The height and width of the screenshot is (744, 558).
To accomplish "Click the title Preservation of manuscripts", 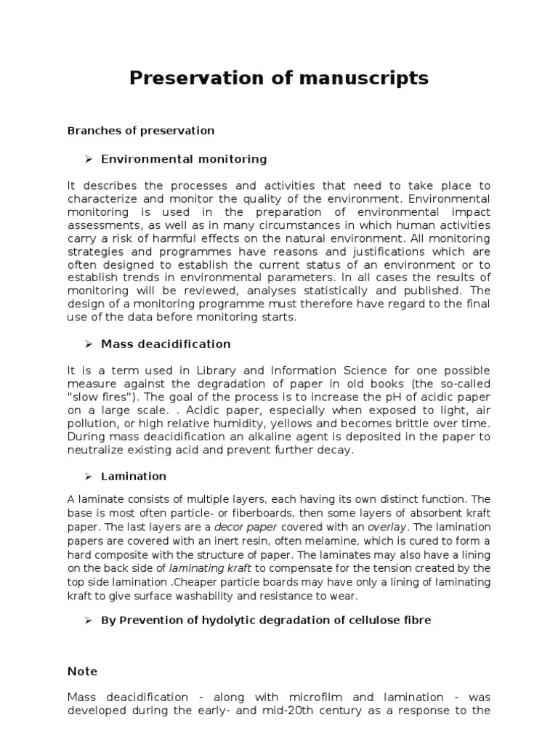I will pos(279,78).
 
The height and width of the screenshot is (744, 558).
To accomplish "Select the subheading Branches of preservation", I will pos(141,131).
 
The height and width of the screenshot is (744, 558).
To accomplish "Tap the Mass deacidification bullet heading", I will pos(166,344).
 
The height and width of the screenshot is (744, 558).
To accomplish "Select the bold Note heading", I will pos(82,671).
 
